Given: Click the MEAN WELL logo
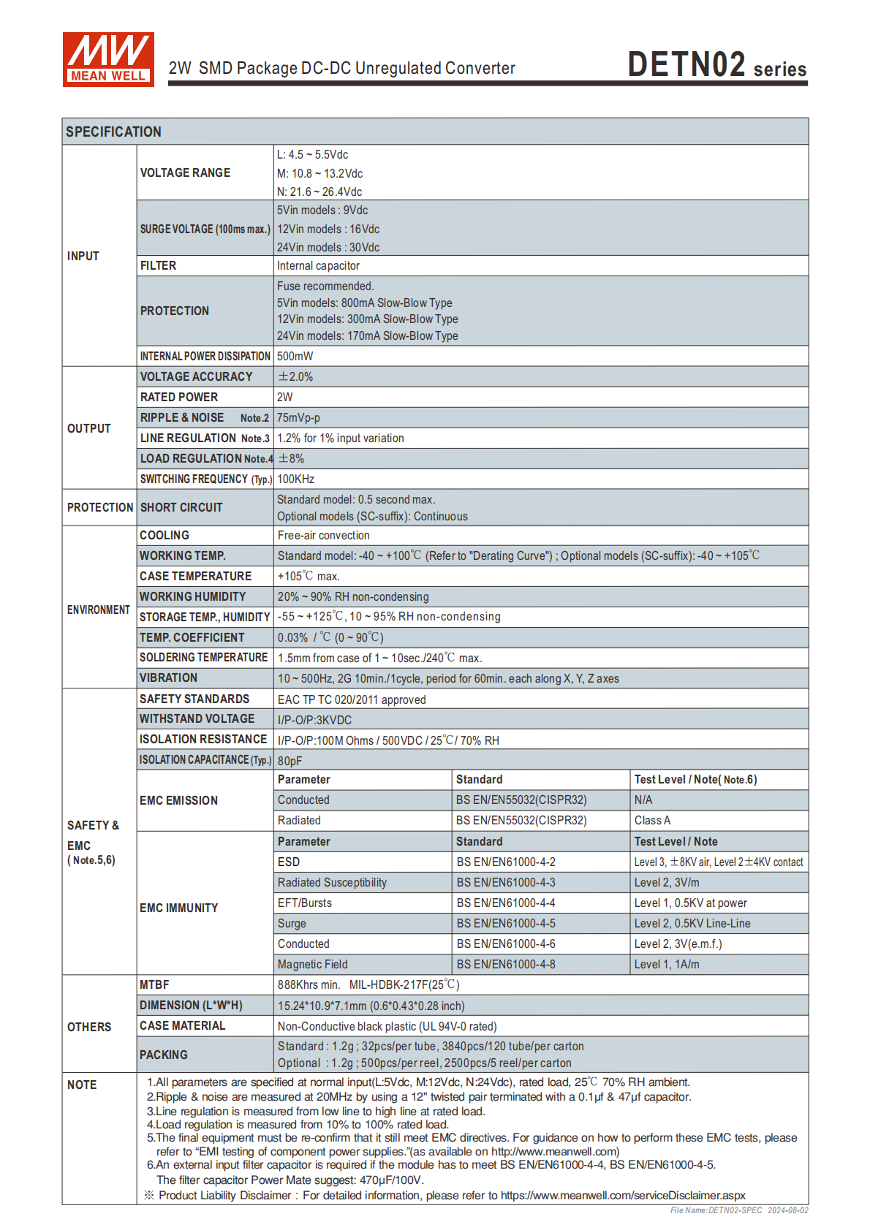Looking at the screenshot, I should [x=108, y=59].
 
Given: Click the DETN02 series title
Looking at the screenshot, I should [x=716, y=65].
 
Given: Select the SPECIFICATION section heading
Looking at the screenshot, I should [x=113, y=132].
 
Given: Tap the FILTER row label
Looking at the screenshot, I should [x=158, y=265].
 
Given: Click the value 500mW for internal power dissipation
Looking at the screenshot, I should [x=295, y=356].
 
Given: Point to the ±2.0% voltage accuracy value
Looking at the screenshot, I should [x=295, y=376].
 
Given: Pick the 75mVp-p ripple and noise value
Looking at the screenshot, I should [x=298, y=417].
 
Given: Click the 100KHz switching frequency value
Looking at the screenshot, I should [x=295, y=479].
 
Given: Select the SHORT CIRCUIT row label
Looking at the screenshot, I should [x=181, y=507].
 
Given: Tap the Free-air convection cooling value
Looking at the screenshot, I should [x=323, y=535].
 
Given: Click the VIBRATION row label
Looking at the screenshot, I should [x=168, y=677].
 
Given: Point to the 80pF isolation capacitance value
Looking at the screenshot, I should [x=290, y=761].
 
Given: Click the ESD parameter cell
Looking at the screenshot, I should [x=289, y=862].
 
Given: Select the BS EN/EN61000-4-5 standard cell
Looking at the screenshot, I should [x=506, y=923].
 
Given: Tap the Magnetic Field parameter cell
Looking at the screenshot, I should [x=312, y=964].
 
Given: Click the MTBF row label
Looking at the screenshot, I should [x=154, y=984].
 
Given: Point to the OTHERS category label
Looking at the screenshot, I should [x=89, y=1027].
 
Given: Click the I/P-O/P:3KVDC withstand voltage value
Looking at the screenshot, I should [x=314, y=720].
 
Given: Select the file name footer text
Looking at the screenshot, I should [x=739, y=1210].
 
